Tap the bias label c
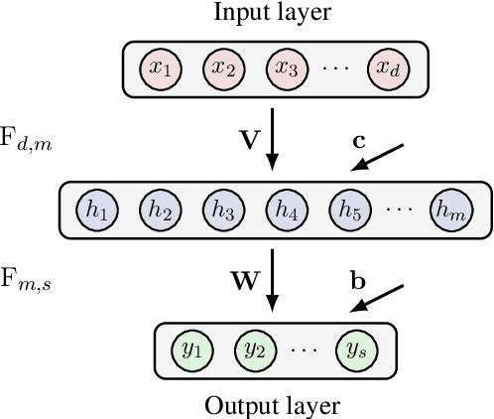tap(359, 140)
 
